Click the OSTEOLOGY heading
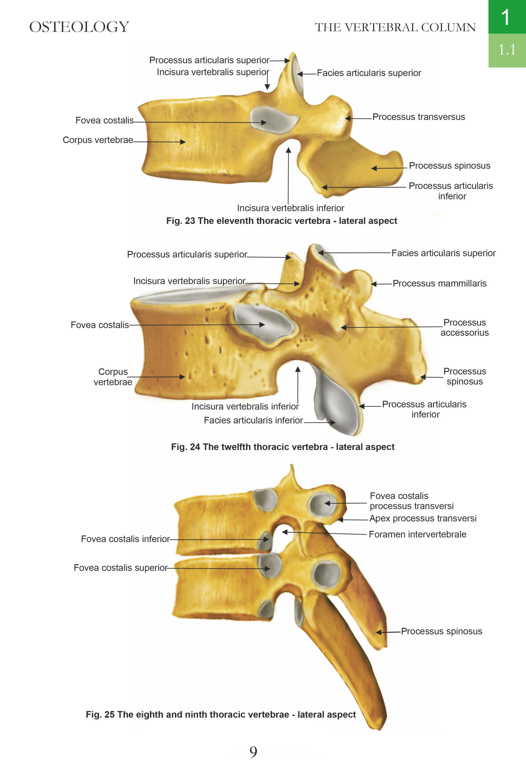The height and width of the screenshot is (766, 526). (x=79, y=27)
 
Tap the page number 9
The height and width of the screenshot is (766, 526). (x=253, y=752)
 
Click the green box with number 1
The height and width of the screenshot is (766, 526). (x=507, y=17)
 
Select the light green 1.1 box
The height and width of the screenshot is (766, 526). (x=507, y=50)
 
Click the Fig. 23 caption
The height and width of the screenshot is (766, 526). (x=281, y=221)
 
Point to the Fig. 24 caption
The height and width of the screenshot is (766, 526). (x=283, y=447)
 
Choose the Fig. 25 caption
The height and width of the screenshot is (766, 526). (x=221, y=715)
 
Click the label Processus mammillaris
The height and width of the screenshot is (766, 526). (x=439, y=283)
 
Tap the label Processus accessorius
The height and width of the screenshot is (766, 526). (x=464, y=327)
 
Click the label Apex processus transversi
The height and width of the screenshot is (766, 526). (x=423, y=519)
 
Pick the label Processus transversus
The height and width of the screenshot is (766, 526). (x=419, y=117)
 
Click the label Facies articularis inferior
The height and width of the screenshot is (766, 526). (x=253, y=420)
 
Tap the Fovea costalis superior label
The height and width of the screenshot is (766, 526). (x=121, y=568)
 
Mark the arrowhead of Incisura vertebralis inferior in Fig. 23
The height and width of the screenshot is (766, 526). (x=289, y=150)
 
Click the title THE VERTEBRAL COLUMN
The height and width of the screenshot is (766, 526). (x=395, y=27)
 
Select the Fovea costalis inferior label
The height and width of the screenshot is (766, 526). (x=125, y=539)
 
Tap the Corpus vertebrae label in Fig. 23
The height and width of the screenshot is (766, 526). (x=98, y=140)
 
